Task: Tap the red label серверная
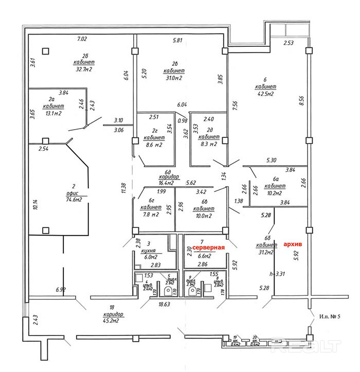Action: coord(206,248)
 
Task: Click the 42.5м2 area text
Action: coord(266,94)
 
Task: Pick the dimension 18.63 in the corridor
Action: coord(164,305)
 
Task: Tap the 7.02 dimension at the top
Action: coord(83,39)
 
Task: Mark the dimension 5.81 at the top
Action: coord(178,40)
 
